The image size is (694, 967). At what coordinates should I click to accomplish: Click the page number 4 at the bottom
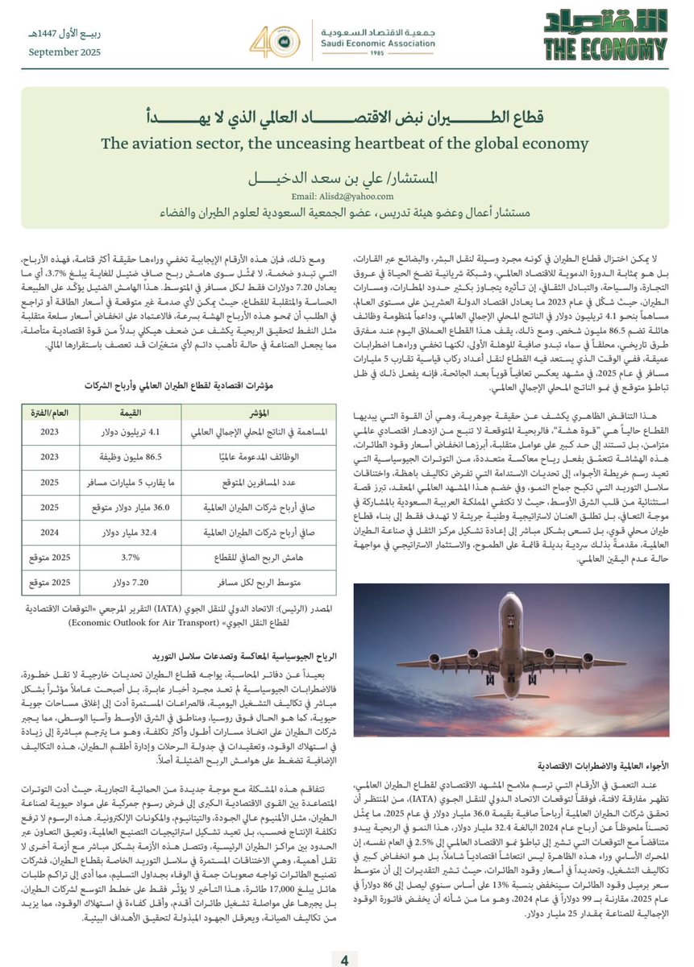344,959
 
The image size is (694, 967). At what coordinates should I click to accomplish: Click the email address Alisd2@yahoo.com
349,196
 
